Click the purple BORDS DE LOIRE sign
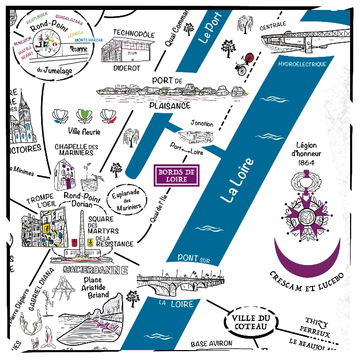coord(176,175)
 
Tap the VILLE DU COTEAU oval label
coord(248,322)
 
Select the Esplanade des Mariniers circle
coord(127,199)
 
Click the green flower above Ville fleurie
coord(82,115)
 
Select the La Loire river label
coord(237,180)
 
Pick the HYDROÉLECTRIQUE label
coord(302,64)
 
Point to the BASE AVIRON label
coord(211,344)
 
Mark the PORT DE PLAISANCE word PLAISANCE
coord(170,105)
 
